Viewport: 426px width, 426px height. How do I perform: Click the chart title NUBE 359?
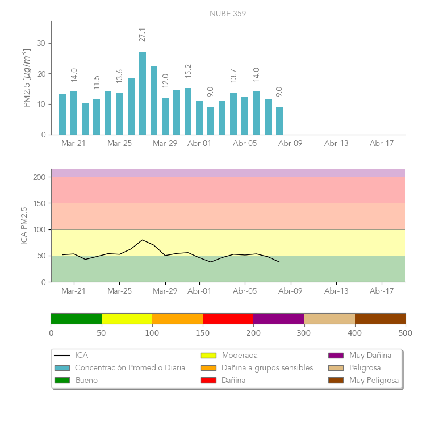coord(228,14)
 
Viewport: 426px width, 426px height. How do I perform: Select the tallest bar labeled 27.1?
coord(143,94)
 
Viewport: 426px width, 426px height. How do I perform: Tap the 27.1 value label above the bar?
coord(143,34)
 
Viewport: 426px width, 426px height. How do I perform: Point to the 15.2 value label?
coord(188,70)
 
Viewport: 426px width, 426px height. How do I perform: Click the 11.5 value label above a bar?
coord(97,82)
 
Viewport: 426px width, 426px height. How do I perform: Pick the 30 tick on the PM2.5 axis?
coord(41,43)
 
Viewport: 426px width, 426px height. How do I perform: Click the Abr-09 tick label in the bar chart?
coord(290,144)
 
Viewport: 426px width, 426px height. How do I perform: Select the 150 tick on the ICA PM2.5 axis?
coord(39,203)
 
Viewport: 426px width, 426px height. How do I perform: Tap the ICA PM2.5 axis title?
coord(24,225)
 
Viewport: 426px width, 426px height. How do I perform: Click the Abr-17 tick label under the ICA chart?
coord(382,291)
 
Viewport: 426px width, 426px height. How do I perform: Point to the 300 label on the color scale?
coord(304,332)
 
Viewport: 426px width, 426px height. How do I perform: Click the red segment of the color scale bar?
coord(228,318)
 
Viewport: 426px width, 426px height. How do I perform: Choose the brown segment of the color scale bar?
coord(380,318)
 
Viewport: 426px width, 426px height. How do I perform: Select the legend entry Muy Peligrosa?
coord(374,380)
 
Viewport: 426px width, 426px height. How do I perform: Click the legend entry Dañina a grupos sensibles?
coord(267,367)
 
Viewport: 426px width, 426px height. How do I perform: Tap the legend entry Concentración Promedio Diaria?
coord(130,367)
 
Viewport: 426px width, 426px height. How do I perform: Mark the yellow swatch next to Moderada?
coord(208,356)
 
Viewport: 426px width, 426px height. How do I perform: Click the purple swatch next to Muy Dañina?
coord(336,356)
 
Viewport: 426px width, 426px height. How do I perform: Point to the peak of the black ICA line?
coord(143,240)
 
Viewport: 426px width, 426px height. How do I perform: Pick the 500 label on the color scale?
coord(406,332)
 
